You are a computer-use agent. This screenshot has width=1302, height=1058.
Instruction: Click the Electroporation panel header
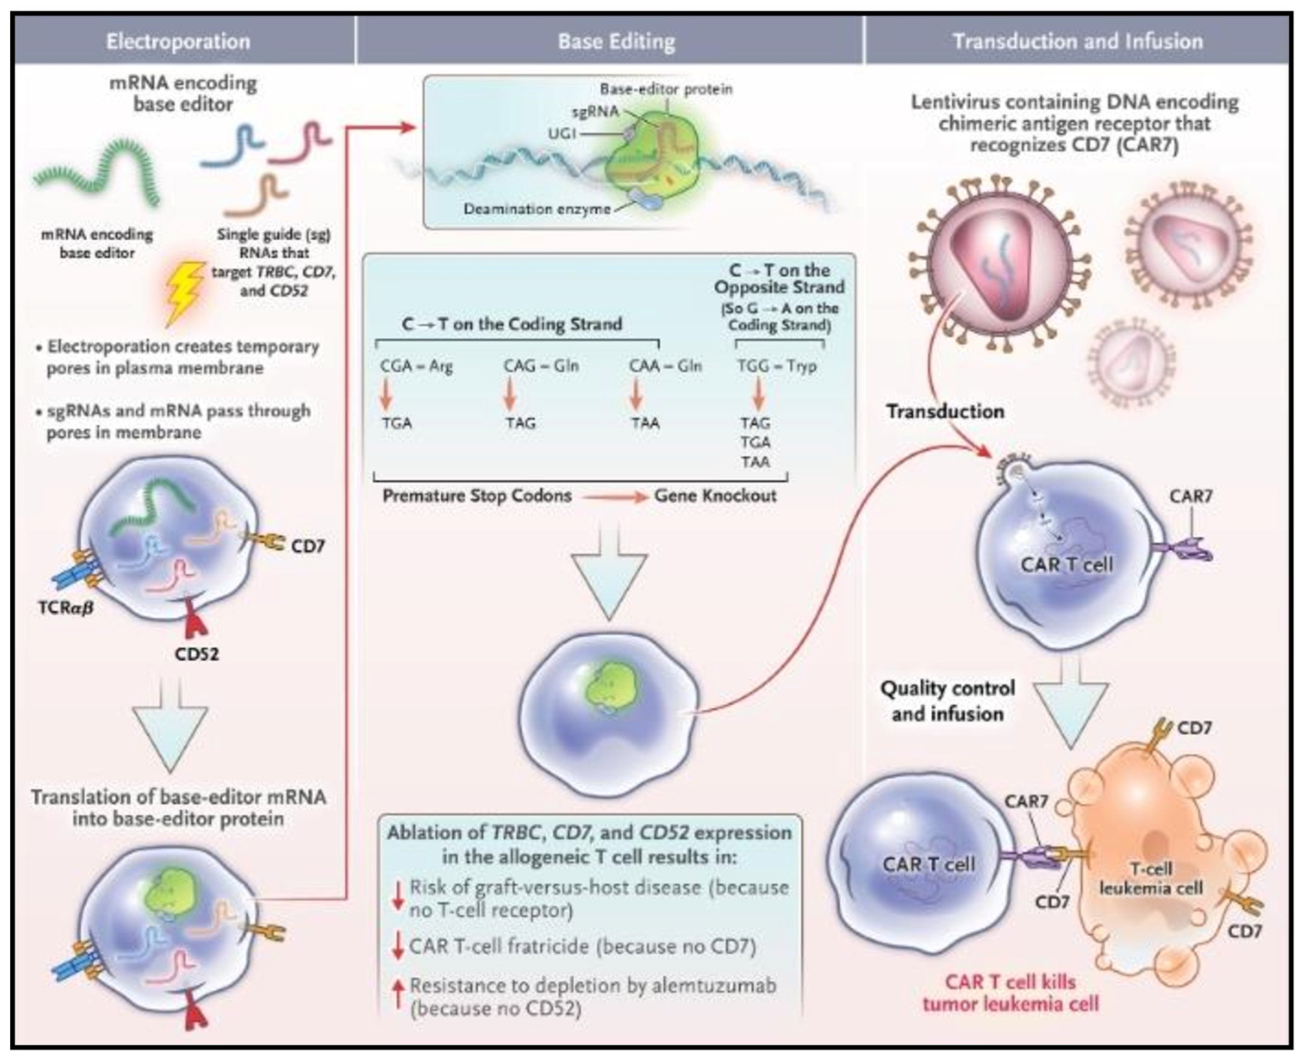point(178,42)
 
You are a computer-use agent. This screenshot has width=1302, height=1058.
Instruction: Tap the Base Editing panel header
point(616,42)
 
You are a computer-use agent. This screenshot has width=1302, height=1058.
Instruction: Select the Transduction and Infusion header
point(1077,42)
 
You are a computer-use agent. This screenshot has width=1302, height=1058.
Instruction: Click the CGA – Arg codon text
point(416,366)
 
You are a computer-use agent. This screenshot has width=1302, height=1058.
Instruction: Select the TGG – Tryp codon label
point(777,366)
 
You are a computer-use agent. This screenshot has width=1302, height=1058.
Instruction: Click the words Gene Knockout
point(715,496)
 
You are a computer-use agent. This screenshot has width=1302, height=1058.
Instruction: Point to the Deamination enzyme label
point(536,209)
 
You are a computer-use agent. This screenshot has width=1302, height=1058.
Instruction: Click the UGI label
point(562,133)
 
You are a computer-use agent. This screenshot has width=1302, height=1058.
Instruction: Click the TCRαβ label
point(66,608)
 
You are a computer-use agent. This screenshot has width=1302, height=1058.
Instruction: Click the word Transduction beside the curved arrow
point(945,412)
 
